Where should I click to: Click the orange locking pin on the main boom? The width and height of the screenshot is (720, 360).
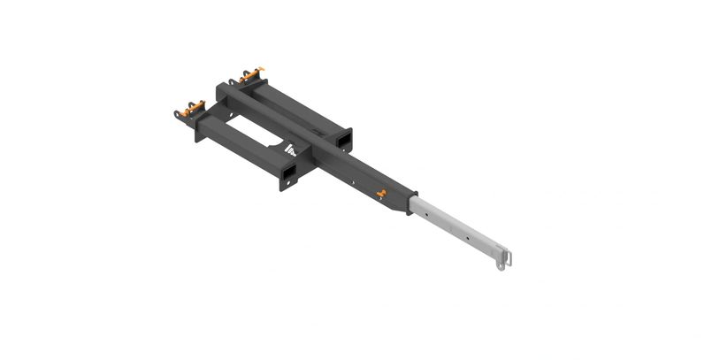(x=380, y=192)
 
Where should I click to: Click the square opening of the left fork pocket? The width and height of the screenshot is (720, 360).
(x=288, y=170)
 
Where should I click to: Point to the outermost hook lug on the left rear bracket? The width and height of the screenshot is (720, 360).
(x=178, y=113)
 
